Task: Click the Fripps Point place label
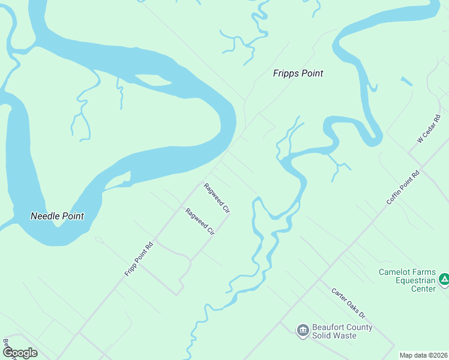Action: coord(298,74)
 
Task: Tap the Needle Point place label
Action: coord(57,216)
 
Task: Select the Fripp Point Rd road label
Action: coord(139,259)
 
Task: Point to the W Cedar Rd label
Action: coord(429,128)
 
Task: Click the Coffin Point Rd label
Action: coord(403,188)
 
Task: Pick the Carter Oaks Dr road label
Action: coord(348,303)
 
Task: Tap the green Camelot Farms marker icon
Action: coord(444,279)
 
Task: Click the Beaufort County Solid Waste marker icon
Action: coord(303,329)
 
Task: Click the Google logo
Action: coord(19,353)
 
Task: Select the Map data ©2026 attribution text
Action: coord(423,355)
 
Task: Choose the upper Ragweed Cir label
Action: coord(217,198)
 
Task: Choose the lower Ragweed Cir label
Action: coord(200,222)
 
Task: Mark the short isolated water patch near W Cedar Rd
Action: coord(406,81)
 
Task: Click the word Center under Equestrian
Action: coord(423,289)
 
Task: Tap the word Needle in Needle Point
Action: coord(45,216)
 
